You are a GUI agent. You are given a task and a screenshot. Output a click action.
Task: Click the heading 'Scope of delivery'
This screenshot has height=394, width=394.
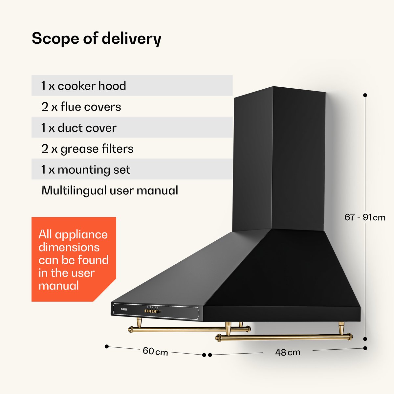tap(97, 39)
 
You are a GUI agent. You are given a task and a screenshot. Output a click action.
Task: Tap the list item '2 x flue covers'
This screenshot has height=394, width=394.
tap(81, 107)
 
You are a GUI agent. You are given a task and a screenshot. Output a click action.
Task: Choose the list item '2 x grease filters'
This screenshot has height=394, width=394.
tap(87, 149)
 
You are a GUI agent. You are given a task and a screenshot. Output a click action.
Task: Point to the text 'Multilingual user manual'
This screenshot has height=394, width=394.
tap(110, 190)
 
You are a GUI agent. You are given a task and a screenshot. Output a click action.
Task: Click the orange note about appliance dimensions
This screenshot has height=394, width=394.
tap(74, 259)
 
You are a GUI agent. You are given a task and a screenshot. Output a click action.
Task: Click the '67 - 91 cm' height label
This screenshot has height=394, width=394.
tap(365, 217)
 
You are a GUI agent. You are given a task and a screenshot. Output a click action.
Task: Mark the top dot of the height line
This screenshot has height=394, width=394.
tap(365, 95)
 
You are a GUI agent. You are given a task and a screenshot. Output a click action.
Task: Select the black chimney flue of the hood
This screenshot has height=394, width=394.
tap(279, 160)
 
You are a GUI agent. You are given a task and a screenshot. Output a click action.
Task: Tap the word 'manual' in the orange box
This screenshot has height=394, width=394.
tap(59, 285)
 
